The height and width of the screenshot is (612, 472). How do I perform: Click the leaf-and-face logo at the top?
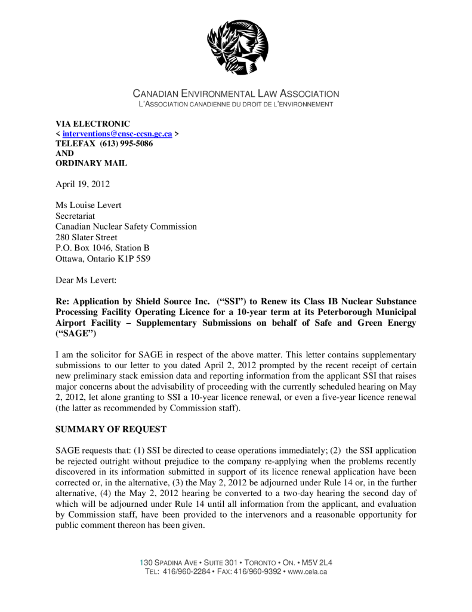(237, 46)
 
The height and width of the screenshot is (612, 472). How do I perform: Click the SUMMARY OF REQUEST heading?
(111, 429)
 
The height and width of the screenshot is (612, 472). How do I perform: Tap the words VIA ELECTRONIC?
(92, 124)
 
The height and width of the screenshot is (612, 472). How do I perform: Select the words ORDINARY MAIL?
(91, 163)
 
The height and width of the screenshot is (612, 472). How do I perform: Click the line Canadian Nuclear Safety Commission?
(126, 227)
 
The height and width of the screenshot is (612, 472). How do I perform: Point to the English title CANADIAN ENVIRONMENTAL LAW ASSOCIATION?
(236, 94)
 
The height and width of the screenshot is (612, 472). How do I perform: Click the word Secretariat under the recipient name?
(75, 216)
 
